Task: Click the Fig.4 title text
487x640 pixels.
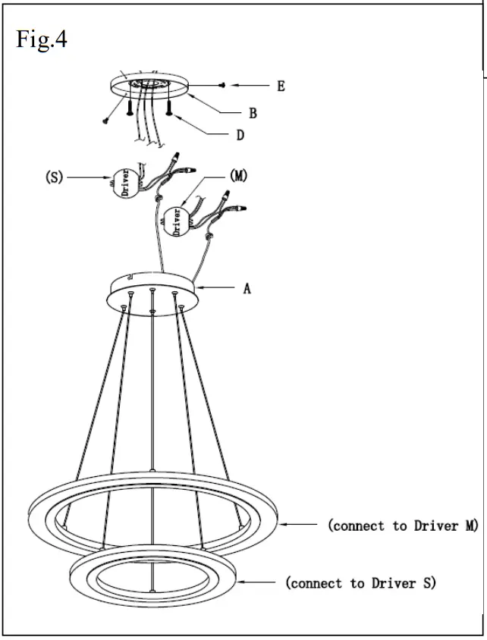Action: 42,39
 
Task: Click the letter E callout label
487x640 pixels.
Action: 281,86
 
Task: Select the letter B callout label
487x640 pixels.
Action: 253,114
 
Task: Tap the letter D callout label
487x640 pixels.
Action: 240,136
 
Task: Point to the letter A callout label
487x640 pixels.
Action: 247,288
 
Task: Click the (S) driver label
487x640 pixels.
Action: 53,178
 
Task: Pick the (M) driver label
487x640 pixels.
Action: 238,176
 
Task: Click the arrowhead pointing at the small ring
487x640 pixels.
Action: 240,582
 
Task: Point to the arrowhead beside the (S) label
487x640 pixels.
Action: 109,178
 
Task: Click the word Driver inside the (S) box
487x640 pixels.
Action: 124,183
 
